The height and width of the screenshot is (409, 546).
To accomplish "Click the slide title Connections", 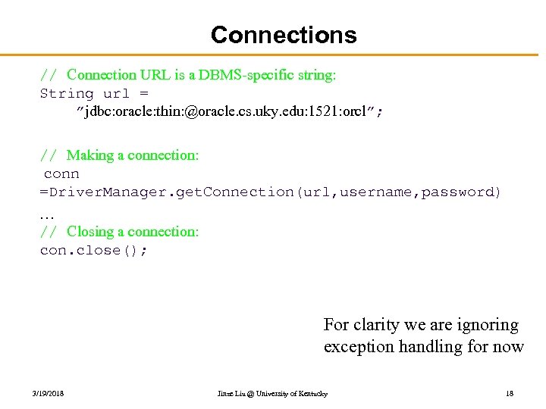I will pyautogui.click(x=284, y=35).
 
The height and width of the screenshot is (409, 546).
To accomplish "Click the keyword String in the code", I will pyautogui.click(x=67, y=94).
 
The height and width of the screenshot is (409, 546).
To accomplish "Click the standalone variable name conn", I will pyautogui.click(x=61, y=173).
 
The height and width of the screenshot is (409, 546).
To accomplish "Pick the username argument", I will pyautogui.click(x=375, y=192).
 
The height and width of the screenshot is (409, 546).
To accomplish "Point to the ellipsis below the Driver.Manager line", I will pyautogui.click(x=46, y=214).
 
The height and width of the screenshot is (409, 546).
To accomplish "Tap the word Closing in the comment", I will pyautogui.click(x=91, y=232).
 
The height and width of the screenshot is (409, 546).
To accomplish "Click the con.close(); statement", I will pyautogui.click(x=93, y=251).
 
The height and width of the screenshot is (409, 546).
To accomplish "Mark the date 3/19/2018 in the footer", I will pyautogui.click(x=49, y=394).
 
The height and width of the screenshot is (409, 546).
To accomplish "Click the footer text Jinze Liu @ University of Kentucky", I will pyautogui.click(x=272, y=394).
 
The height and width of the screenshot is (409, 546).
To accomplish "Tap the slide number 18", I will pyautogui.click(x=510, y=394).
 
